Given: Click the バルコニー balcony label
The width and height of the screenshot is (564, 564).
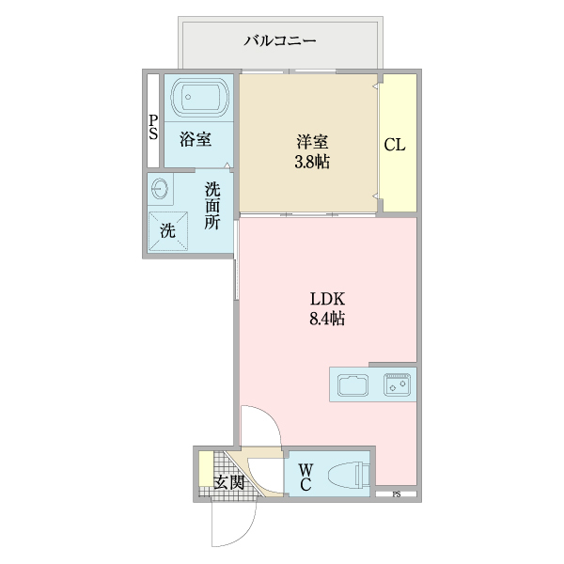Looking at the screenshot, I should click(280, 40).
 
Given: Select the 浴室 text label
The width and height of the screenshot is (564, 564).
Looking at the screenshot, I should click(195, 140).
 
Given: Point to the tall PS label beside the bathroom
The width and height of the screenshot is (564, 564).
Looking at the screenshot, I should click(152, 126).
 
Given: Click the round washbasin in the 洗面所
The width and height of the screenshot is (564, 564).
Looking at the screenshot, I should click(159, 189).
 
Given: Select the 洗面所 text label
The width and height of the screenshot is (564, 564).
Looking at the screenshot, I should click(213, 205).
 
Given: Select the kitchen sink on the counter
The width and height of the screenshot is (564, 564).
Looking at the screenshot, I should click(354, 385).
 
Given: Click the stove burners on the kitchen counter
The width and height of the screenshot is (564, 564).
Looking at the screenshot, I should click(397, 384).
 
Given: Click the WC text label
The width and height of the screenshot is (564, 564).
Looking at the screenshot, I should click(305, 477).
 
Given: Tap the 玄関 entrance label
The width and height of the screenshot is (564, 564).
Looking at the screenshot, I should click(228, 482).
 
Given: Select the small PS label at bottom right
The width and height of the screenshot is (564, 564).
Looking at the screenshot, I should click(397, 494).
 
